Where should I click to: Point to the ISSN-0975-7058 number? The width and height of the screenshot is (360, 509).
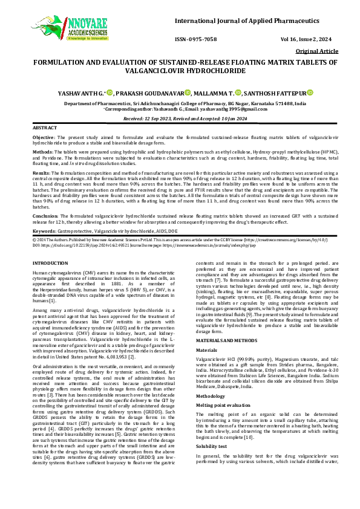tap(195, 39)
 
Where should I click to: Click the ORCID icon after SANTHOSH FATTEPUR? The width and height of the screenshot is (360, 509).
tap(310, 92)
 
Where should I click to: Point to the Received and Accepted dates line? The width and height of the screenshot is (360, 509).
tap(180, 119)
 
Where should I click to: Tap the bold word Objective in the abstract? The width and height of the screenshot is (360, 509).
tap(44, 138)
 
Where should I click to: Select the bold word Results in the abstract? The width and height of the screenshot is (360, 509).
tap(41, 172)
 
